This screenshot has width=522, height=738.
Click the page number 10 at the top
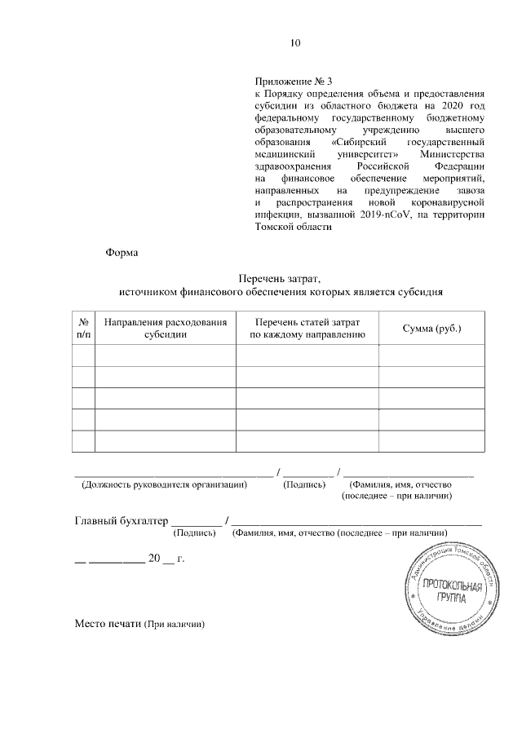(296, 43)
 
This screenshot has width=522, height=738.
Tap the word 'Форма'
(122, 252)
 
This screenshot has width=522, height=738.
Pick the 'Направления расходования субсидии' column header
(166, 328)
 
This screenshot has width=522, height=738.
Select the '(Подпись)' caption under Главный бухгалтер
(195, 533)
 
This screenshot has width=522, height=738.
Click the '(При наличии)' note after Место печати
(174, 625)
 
